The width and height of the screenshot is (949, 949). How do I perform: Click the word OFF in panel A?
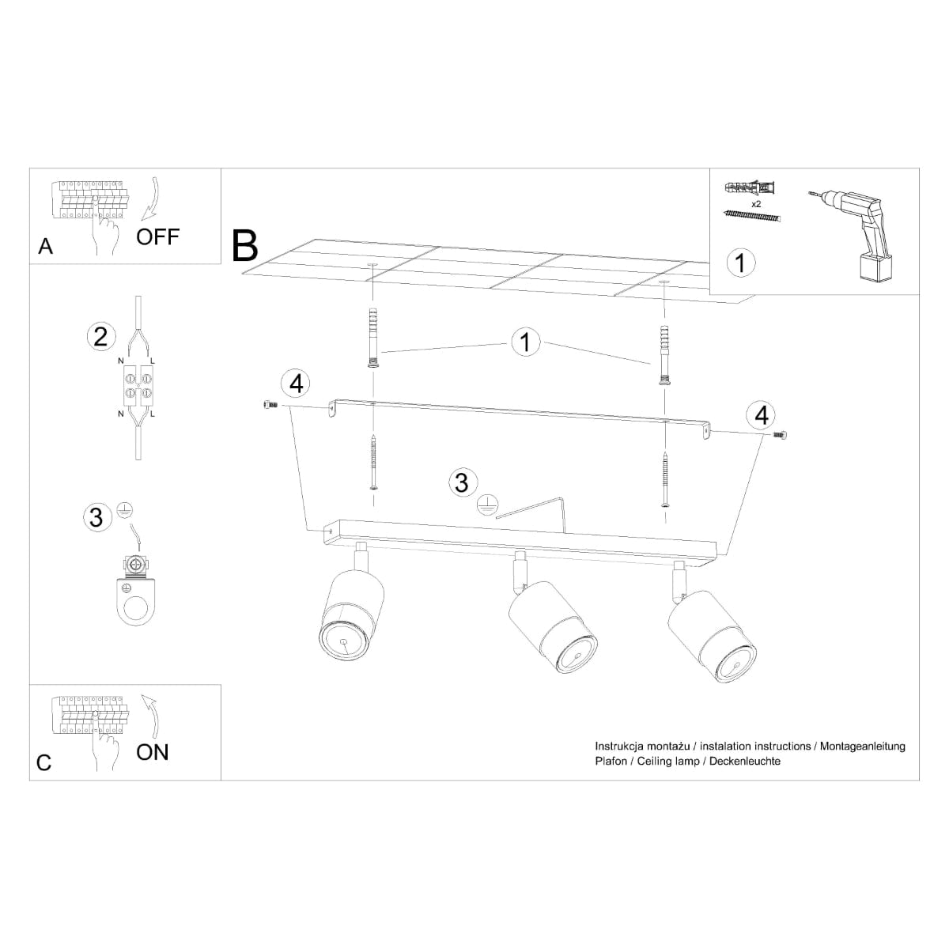(x=157, y=237)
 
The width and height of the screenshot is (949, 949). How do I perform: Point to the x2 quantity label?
(x=756, y=204)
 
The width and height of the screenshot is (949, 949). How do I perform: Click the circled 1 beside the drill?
(x=741, y=263)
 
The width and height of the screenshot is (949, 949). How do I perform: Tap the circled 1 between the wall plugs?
(x=525, y=342)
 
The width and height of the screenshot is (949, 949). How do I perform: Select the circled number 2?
(x=101, y=337)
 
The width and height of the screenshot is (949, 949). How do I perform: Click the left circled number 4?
(x=296, y=383)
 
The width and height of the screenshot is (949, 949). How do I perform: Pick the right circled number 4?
(x=762, y=414)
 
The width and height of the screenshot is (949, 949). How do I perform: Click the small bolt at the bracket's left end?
(x=270, y=404)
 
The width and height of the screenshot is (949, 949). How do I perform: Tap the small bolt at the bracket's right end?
(x=780, y=434)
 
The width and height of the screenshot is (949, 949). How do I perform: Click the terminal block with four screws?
(x=138, y=385)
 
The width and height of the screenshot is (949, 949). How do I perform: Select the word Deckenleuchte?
(x=745, y=761)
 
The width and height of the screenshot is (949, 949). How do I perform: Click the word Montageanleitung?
(x=862, y=747)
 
